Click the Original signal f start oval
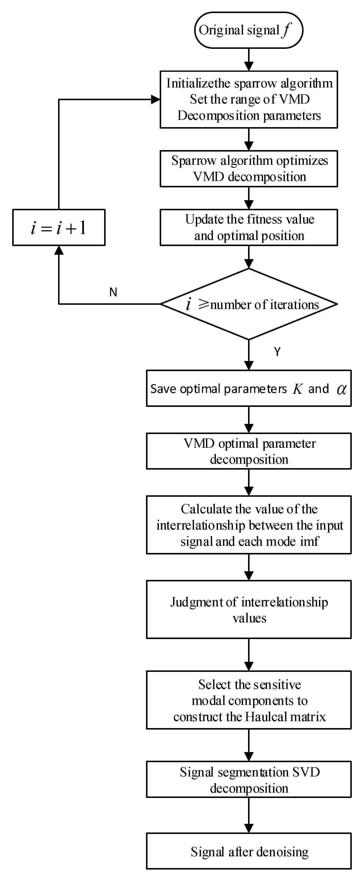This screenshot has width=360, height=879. tap(248, 30)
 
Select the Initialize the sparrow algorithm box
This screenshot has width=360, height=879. tap(248, 99)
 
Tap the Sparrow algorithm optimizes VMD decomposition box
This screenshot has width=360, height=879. tap(248, 169)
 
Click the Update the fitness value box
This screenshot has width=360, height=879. tap(248, 227)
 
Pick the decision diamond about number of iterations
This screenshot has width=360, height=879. tap(248, 304)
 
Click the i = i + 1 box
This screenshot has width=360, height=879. tap(59, 228)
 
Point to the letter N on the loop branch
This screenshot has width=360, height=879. tap(113, 292)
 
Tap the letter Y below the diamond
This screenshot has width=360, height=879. tap(277, 352)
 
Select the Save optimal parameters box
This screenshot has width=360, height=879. tap(248, 388)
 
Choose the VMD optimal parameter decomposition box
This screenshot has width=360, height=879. tap(248, 451)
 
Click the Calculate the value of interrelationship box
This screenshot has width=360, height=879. tap(248, 525)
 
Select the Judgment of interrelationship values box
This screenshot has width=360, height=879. tap(248, 609)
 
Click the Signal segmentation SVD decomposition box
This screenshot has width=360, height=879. tap(248, 779)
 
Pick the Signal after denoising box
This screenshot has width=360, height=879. tap(248, 852)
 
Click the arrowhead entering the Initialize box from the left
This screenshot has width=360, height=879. tap(156, 100)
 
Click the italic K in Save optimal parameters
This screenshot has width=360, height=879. tap(297, 389)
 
